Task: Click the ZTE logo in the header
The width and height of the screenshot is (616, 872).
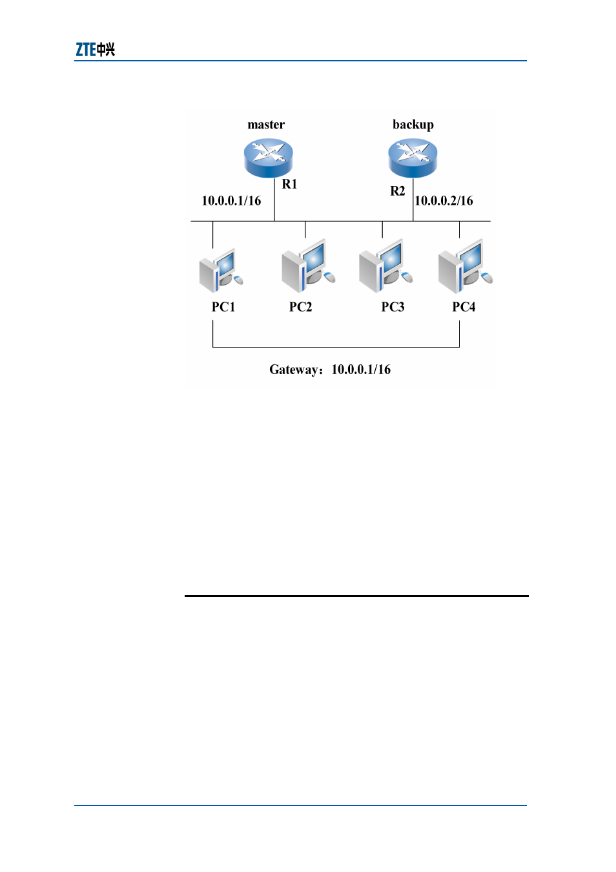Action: coord(95,50)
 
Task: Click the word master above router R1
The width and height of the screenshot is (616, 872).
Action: coord(266,125)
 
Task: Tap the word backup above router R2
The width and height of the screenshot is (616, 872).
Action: coord(413,125)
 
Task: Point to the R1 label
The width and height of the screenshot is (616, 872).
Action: coord(289,184)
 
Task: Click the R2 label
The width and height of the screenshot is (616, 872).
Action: coord(397,191)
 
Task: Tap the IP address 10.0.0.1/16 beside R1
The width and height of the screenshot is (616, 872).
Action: coord(231,201)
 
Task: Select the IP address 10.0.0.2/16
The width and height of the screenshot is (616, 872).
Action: coord(444,201)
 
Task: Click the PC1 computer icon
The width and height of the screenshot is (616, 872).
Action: coord(221,270)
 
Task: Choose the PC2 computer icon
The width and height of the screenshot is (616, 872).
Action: coord(308,266)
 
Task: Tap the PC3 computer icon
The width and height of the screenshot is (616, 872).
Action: coord(385,266)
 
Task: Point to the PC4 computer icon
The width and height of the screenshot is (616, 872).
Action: coord(465,266)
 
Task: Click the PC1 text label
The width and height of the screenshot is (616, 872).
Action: coord(223,307)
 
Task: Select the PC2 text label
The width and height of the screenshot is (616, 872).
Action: coord(300,307)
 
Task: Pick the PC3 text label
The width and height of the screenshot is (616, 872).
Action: coord(393,307)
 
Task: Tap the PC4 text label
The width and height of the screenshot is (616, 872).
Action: coord(464,307)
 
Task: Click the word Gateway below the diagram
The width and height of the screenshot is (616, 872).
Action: coord(294,370)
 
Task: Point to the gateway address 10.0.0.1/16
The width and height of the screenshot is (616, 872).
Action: coord(361,369)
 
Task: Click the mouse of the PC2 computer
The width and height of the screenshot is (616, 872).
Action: coord(329,277)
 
